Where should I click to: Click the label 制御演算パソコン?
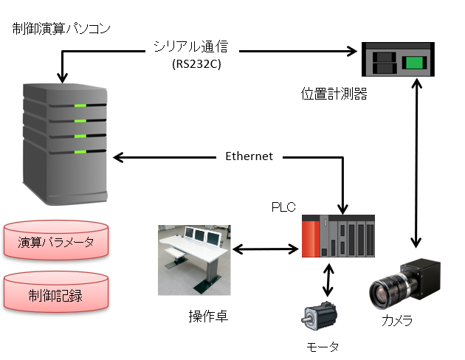point(62,29)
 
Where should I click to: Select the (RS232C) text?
point(196,64)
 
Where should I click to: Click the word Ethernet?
point(249,156)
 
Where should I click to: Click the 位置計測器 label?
point(334,94)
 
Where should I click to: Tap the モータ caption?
point(323,345)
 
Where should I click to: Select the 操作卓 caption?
point(207,316)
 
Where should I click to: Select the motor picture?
point(320,315)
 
